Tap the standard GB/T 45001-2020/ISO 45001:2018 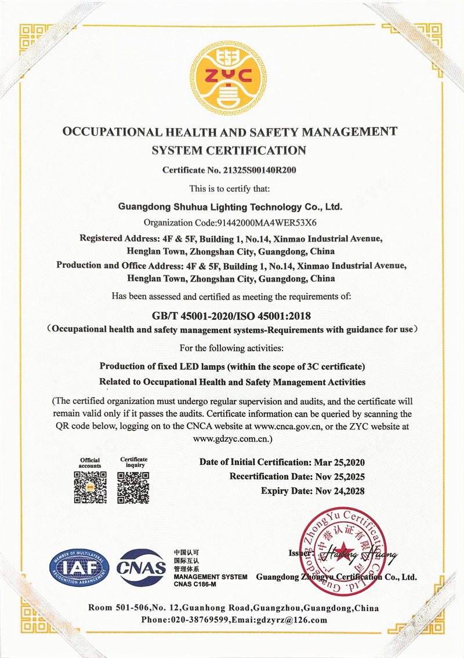coord(231,315)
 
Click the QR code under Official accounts coord(90,487)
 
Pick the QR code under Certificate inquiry coord(133,487)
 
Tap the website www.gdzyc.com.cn coord(230,438)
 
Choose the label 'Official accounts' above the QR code coord(90,463)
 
